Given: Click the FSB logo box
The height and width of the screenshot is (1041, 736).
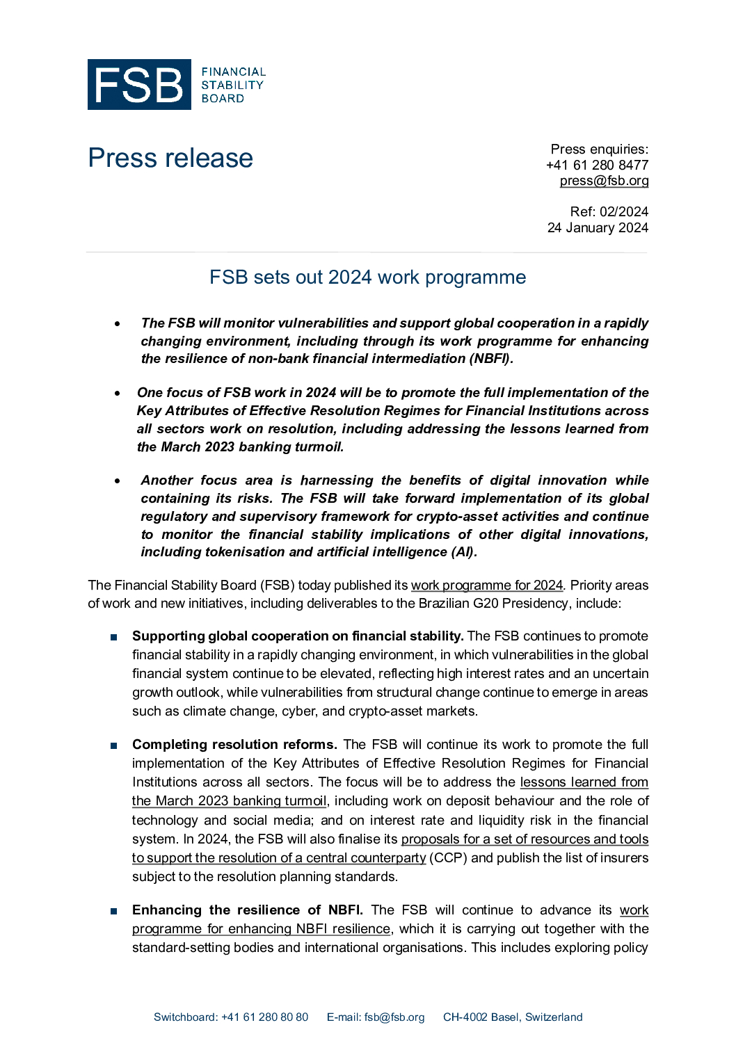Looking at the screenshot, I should (x=139, y=85).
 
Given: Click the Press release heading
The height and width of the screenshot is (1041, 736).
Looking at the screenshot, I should (x=170, y=158).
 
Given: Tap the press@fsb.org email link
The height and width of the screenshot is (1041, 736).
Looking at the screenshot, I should (x=604, y=181).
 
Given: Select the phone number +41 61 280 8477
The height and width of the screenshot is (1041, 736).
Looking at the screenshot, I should (x=597, y=165).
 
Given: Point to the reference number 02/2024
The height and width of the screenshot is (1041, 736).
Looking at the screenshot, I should (x=624, y=211).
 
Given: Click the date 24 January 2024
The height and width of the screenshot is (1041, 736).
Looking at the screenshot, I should (x=598, y=227).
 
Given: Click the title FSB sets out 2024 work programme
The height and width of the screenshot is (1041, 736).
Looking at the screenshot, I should (x=367, y=277).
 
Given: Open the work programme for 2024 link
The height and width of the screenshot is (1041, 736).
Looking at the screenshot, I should (x=486, y=586).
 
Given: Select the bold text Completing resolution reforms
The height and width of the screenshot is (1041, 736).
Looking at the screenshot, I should (x=234, y=745).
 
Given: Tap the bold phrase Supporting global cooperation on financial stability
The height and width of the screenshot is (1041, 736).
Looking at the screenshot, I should (x=298, y=636).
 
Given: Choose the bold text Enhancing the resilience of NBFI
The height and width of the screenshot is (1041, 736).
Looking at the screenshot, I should (x=248, y=910).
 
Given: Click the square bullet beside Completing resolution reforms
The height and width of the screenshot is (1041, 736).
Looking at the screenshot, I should (x=113, y=745).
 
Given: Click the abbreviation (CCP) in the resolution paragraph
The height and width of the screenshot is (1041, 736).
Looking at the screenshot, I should (x=448, y=858).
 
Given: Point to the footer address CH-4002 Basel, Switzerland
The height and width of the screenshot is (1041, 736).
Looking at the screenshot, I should (x=513, y=1017).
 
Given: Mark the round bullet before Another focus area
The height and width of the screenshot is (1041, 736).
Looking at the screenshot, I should (x=118, y=481).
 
